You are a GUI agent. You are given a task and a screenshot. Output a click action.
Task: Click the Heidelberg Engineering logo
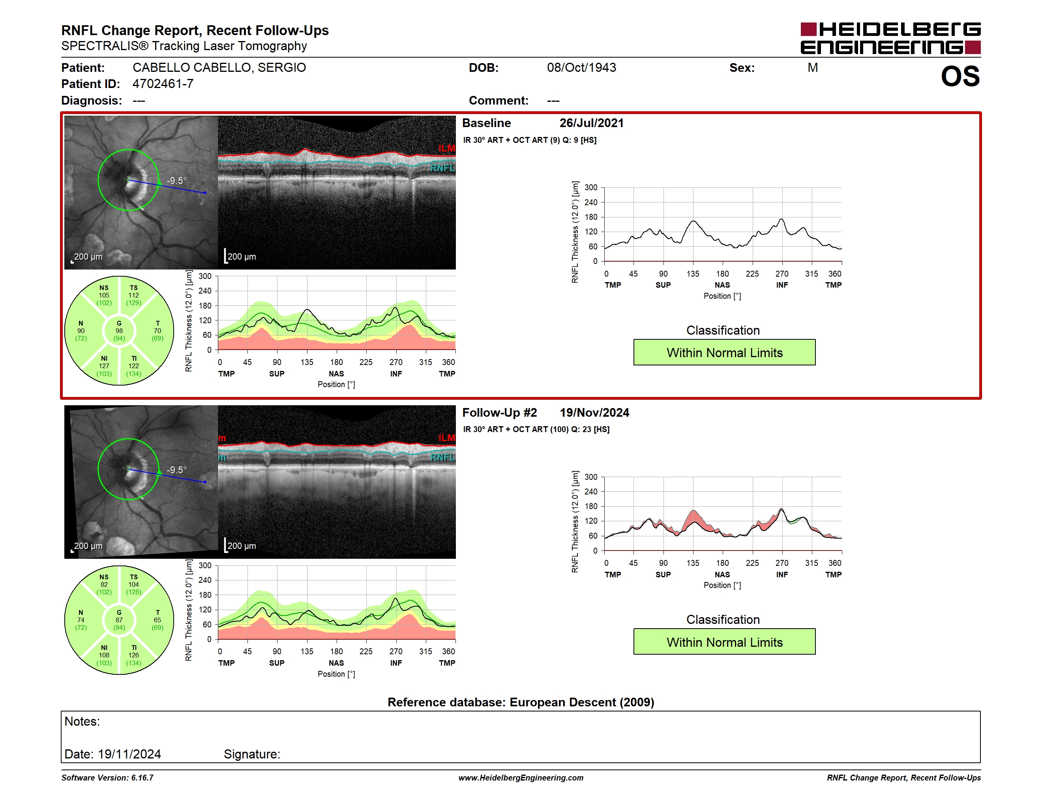tap(890, 38)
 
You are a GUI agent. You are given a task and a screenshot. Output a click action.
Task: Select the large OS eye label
tap(960, 76)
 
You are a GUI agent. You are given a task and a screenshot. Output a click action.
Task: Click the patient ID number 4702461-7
tap(163, 84)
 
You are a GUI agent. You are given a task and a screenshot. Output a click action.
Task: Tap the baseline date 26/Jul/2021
tap(592, 123)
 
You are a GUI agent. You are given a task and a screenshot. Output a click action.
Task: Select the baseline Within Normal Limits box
tap(724, 352)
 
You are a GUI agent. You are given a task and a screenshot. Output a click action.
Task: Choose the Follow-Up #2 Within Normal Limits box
tap(724, 642)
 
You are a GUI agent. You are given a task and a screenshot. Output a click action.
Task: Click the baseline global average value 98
tap(119, 331)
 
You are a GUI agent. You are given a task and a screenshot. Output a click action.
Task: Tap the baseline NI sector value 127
tap(104, 366)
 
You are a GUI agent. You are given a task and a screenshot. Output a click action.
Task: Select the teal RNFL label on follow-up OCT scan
tap(443, 457)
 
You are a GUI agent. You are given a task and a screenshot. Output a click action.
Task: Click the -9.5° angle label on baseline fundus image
tap(176, 181)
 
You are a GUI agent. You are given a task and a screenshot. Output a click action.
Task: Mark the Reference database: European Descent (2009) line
tap(521, 702)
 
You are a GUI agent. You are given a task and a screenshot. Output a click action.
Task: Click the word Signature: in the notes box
tap(252, 754)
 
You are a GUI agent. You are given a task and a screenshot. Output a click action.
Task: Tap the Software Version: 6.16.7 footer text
tap(107, 778)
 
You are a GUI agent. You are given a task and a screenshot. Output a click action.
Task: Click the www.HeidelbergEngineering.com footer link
tap(521, 778)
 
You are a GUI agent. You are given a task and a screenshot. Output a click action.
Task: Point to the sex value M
tap(813, 68)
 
